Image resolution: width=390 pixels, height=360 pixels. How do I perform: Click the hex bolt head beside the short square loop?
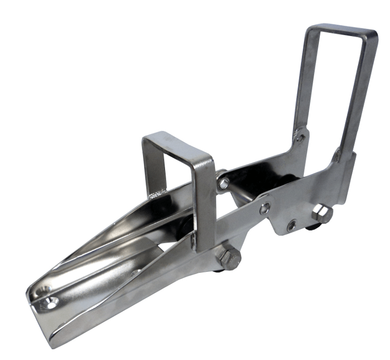click(229, 257)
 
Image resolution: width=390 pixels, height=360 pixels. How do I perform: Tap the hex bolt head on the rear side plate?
click(322, 213)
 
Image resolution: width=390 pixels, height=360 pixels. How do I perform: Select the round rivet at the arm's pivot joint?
click(264, 208)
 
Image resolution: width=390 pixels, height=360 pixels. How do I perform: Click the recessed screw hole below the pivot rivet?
click(292, 225)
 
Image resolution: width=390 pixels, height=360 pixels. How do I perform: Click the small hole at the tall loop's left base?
click(301, 138)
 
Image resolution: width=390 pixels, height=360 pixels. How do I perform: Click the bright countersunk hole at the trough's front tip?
click(51, 301)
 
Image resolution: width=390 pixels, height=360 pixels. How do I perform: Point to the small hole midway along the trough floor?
click(135, 272)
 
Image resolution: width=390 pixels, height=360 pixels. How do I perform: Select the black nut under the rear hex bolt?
click(312, 226)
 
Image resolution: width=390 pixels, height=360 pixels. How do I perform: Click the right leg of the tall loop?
click(358, 98)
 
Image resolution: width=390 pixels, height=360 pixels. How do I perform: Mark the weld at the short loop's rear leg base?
click(155, 195)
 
